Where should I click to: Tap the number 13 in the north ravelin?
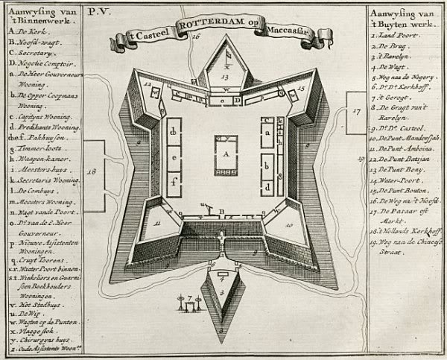click(223, 77)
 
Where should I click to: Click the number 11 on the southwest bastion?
click(156, 222)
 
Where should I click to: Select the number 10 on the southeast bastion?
click(288, 222)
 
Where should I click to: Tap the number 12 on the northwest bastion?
click(148, 86)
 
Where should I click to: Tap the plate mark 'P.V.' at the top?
click(97, 12)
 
